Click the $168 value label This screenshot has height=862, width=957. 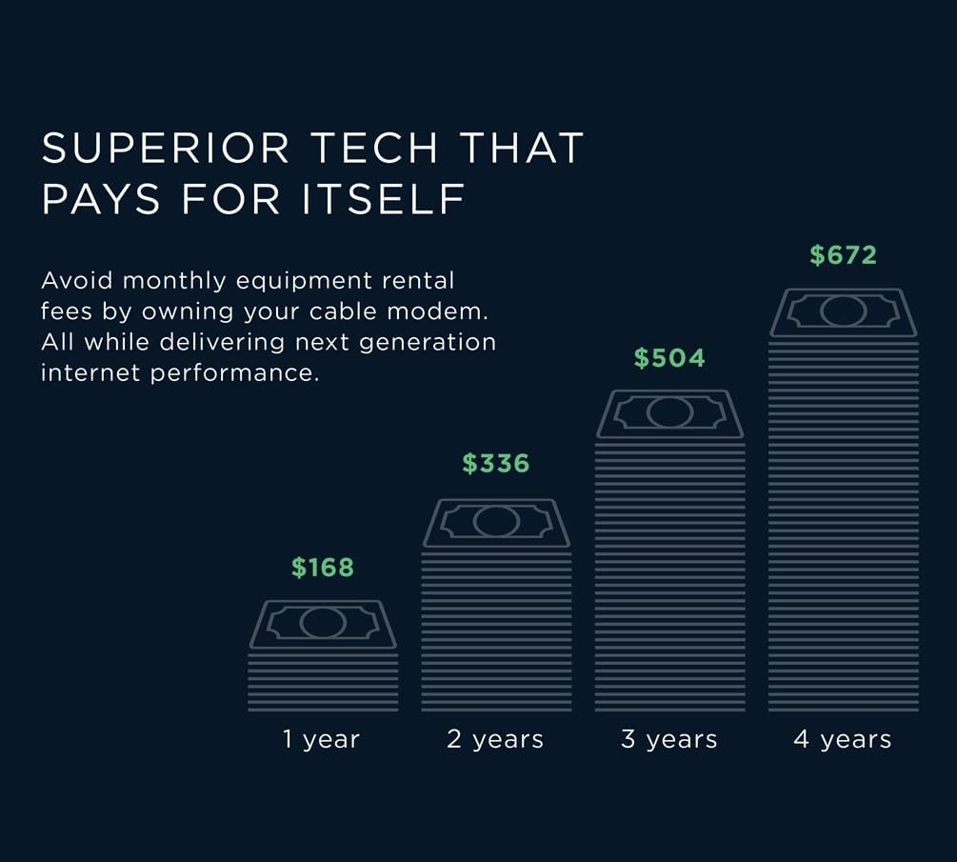(x=323, y=568)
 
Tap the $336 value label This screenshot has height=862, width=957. (x=496, y=464)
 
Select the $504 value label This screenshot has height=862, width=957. (x=669, y=358)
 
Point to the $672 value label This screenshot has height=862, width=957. (x=843, y=255)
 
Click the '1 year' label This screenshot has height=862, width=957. (x=322, y=739)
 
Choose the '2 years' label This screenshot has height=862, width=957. (x=495, y=739)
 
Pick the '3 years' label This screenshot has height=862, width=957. (x=669, y=739)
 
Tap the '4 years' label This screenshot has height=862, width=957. (x=843, y=739)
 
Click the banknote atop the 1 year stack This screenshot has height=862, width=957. (x=323, y=624)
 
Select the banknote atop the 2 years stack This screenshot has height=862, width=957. (x=496, y=522)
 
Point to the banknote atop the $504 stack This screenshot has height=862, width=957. (x=669, y=413)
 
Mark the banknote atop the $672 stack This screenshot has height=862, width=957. (x=843, y=311)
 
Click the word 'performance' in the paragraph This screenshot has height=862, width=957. (x=234, y=372)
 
